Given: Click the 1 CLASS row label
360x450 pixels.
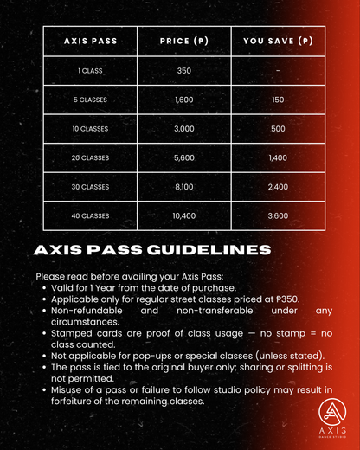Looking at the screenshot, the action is [90, 71].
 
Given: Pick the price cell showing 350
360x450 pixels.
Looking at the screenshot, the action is [183, 71].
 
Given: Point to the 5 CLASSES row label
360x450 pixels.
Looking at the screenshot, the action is [90, 100].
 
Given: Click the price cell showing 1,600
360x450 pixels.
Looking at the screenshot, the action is [183, 100].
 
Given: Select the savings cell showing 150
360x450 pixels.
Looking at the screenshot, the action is [277, 100].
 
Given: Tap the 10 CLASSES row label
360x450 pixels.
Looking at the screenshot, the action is [90, 128].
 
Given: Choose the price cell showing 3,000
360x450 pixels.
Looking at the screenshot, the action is [183, 128].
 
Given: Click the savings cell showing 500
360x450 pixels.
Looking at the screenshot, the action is [277, 128].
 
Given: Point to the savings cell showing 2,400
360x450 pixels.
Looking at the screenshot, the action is [277, 185].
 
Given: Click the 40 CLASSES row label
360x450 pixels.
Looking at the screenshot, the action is [90, 214].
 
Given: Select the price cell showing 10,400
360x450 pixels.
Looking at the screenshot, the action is [183, 214].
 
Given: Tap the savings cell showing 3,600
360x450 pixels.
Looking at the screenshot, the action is [277, 214].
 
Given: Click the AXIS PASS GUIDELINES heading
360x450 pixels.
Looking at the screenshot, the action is [151, 250].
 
